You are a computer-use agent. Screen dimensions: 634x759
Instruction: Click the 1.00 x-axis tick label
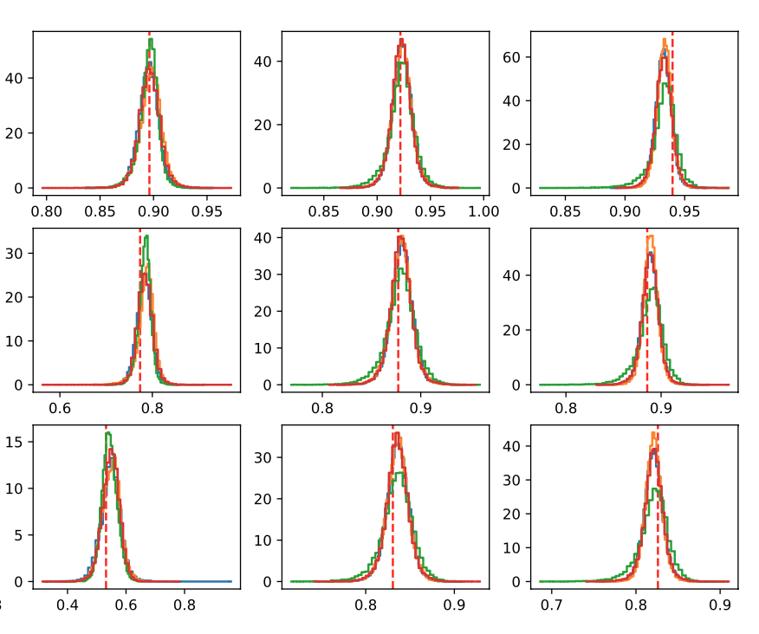[484, 210]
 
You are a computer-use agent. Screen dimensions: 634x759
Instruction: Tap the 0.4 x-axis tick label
[68, 604]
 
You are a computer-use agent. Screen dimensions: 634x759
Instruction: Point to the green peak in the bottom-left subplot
[107, 433]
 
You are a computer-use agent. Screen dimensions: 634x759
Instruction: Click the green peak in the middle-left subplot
[147, 236]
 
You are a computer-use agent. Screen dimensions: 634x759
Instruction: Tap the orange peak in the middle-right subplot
[651, 236]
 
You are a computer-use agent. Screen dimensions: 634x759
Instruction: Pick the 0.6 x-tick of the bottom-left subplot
[126, 604]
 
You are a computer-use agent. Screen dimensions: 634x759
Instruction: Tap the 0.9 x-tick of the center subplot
[421, 407]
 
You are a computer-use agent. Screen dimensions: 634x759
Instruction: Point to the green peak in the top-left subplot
[151, 40]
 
